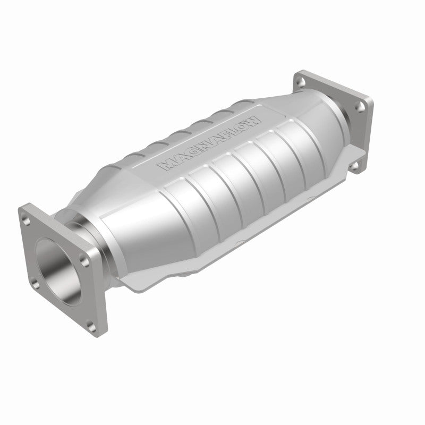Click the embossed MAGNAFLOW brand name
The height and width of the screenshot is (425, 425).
coord(210,143)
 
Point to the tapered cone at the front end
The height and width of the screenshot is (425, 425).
coord(133,212)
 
